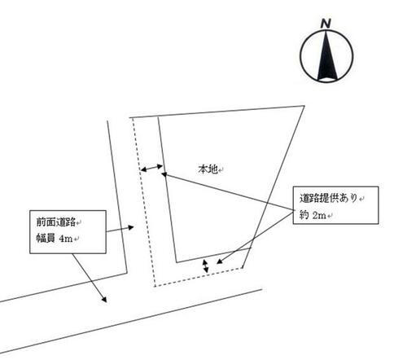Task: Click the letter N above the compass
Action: coord(326,24)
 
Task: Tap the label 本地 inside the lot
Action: coord(208,169)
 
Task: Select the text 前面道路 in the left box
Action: coord(56,222)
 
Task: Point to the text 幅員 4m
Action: coord(55,239)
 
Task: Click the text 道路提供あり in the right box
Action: coord(329,198)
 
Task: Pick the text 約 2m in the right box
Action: coord(313,215)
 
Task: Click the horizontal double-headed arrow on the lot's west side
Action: coord(151,168)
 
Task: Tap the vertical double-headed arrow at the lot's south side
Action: coord(206,266)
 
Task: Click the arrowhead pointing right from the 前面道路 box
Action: coord(131,227)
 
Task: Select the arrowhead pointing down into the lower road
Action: coord(104,300)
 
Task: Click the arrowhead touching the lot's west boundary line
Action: coord(164,174)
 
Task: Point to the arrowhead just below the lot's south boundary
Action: coord(220,261)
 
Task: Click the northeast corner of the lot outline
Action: coord(304,106)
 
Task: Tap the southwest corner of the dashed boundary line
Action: coord(155,286)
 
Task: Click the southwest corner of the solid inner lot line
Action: coord(177,262)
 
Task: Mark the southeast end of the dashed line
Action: coord(243,268)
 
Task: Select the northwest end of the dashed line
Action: coord(132,118)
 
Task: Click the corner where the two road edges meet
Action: coord(127,273)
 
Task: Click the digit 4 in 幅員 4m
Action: coord(62,239)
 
